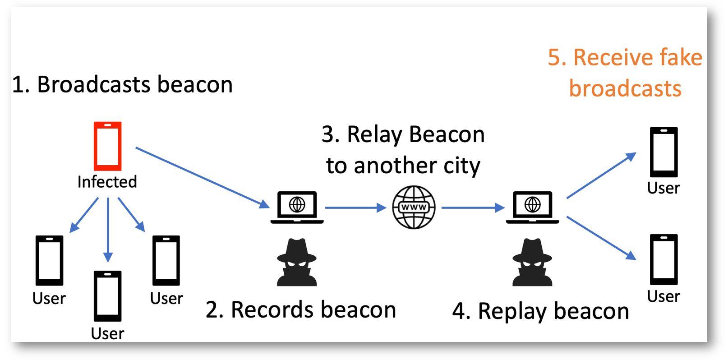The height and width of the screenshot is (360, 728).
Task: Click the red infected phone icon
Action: [107, 146]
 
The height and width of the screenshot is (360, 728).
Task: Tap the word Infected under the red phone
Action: [107, 182]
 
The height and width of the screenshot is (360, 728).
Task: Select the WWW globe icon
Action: [414, 207]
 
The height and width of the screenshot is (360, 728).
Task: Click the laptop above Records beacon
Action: [297, 207]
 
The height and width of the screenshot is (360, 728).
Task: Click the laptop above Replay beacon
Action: [532, 207]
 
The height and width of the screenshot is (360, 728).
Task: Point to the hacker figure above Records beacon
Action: [297, 262]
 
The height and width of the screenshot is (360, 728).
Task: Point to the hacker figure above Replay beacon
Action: [532, 262]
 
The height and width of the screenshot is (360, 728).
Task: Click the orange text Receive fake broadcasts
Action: [625, 73]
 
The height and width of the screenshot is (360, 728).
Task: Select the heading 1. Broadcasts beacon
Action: [123, 84]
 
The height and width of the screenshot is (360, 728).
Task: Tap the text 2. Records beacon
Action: [301, 309]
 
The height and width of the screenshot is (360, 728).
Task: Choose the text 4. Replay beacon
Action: [541, 311]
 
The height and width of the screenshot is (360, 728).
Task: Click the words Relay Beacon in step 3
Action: [416, 134]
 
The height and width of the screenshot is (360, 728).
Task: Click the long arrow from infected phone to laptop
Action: [203, 178]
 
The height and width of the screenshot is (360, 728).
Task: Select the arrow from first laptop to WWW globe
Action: [356, 207]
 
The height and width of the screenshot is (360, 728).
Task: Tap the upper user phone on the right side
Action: [663, 152]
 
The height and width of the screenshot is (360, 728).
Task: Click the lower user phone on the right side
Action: [663, 259]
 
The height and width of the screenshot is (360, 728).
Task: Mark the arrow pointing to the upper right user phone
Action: [602, 175]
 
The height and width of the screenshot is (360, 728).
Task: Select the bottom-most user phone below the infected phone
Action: [107, 296]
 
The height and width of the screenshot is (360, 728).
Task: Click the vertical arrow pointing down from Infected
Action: [108, 230]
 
